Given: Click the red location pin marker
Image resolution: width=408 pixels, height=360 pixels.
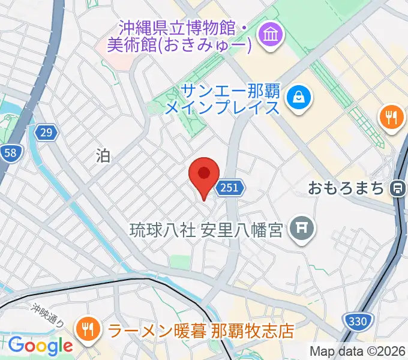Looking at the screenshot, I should [x=203, y=175].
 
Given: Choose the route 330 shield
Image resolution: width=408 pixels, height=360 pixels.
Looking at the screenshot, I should [x=358, y=322].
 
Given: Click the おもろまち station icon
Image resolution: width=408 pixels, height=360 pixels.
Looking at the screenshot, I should [x=397, y=188].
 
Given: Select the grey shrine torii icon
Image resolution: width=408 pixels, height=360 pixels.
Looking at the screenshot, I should [x=298, y=229].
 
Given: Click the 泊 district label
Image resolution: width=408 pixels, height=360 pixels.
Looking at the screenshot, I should [x=103, y=156].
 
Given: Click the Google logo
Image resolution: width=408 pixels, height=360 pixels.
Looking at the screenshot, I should [x=40, y=346].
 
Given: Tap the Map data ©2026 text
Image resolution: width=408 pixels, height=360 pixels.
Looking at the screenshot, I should [x=358, y=351].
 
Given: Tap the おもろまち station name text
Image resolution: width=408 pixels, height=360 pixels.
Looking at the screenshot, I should [x=346, y=188].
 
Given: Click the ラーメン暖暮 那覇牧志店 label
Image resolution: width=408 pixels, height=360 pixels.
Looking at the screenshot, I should [x=200, y=330].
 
